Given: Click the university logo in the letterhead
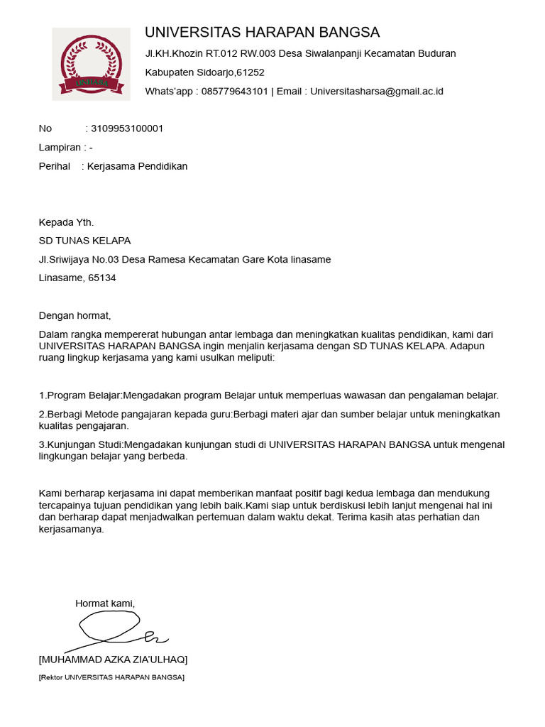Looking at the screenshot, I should click(92, 64).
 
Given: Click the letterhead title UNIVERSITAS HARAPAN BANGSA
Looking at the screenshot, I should click(262, 33).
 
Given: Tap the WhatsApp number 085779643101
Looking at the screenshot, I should click(235, 91).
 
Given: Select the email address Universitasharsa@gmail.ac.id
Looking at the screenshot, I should click(377, 91).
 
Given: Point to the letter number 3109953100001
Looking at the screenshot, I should click(127, 129).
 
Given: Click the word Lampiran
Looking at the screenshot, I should click(59, 148).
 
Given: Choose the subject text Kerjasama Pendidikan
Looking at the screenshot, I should click(138, 166).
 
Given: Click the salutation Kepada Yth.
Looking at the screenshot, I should click(66, 222).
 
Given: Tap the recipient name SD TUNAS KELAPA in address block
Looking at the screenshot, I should click(84, 241).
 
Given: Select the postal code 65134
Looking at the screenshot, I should click(102, 278).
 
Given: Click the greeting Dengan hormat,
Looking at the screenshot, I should click(75, 316).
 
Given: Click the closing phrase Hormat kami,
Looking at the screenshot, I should click(105, 603).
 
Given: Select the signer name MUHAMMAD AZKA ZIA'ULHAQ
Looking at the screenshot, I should click(114, 660).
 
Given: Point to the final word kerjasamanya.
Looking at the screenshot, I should click(71, 529).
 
